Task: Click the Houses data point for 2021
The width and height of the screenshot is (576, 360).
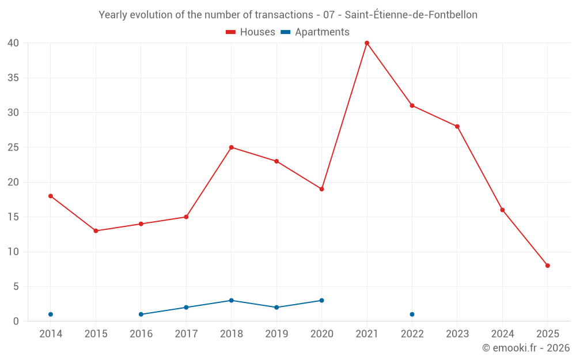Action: (367, 43)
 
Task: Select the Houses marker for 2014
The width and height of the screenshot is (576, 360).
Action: (51, 196)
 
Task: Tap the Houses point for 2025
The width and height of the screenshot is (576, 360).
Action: (548, 266)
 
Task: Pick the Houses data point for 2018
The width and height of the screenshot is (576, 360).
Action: (232, 147)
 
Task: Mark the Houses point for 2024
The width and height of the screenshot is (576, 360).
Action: (502, 210)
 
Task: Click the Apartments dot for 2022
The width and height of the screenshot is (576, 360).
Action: (412, 314)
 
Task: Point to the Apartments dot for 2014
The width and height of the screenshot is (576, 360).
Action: (51, 314)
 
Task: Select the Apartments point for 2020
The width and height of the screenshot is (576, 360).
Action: (321, 301)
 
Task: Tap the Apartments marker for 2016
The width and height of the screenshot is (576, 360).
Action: (141, 314)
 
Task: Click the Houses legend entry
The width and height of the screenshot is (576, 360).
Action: (251, 32)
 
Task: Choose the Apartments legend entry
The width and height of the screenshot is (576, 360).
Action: (315, 32)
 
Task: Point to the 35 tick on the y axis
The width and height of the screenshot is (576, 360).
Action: (13, 78)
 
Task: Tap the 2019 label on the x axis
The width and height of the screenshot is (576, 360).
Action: (276, 334)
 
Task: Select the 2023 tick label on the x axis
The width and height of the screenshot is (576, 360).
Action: (457, 334)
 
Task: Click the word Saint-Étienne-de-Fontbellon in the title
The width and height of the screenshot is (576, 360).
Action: (411, 15)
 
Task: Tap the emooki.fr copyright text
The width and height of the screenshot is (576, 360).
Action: (525, 348)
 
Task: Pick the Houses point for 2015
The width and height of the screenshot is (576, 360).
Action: (96, 231)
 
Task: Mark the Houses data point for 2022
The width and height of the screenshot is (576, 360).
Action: (412, 105)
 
